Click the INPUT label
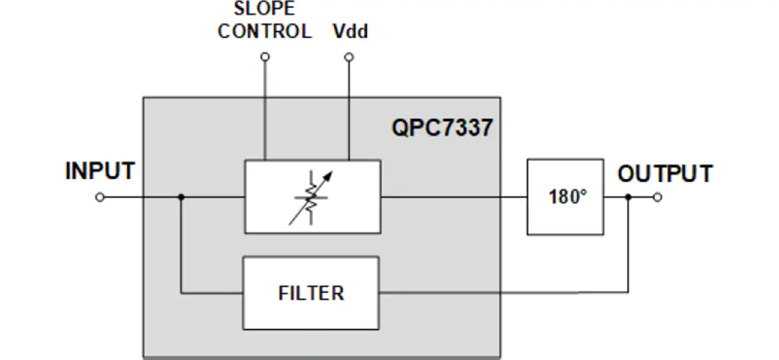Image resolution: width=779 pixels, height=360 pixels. coord(100,171)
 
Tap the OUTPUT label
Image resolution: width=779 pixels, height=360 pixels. coord(665,174)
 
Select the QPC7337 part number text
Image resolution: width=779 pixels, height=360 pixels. coord(442,127)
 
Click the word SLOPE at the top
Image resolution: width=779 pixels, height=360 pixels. coord(264,9)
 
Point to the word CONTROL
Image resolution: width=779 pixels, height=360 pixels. coord(264,31)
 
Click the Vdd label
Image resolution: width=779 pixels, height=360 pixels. coord(351,31)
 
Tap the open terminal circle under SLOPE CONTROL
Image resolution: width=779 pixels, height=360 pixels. coord(265,57)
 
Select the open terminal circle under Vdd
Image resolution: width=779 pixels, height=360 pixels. coord(349,57)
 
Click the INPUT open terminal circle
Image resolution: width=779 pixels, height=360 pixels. coord(100,198)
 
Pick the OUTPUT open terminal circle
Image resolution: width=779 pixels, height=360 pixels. coord(658,198)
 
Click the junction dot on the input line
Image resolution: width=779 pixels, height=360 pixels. coord(181,198)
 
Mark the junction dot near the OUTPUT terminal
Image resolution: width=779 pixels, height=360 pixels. coord(628,198)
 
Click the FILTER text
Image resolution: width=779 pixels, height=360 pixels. coord(311,293)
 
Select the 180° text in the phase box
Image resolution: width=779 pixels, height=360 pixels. coord(568,197)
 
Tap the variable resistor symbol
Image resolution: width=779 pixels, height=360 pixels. coord(311,198)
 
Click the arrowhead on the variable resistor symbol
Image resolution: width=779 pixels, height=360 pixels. coord(328,176)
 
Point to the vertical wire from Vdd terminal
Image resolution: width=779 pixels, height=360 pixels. coord(349,110)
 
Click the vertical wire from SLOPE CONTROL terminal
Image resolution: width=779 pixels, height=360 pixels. coord(265,110)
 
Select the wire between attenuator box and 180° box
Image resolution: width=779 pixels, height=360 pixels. coord(454,198)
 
